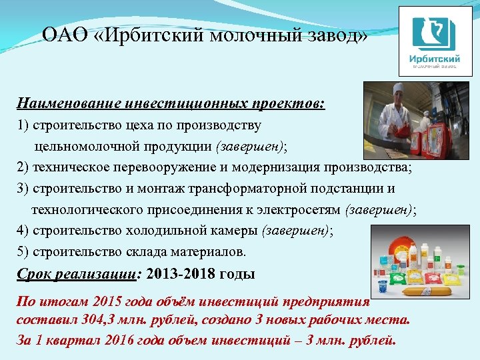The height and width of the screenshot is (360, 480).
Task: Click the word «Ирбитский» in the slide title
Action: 161,35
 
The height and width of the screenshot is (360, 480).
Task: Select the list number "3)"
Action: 23,188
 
